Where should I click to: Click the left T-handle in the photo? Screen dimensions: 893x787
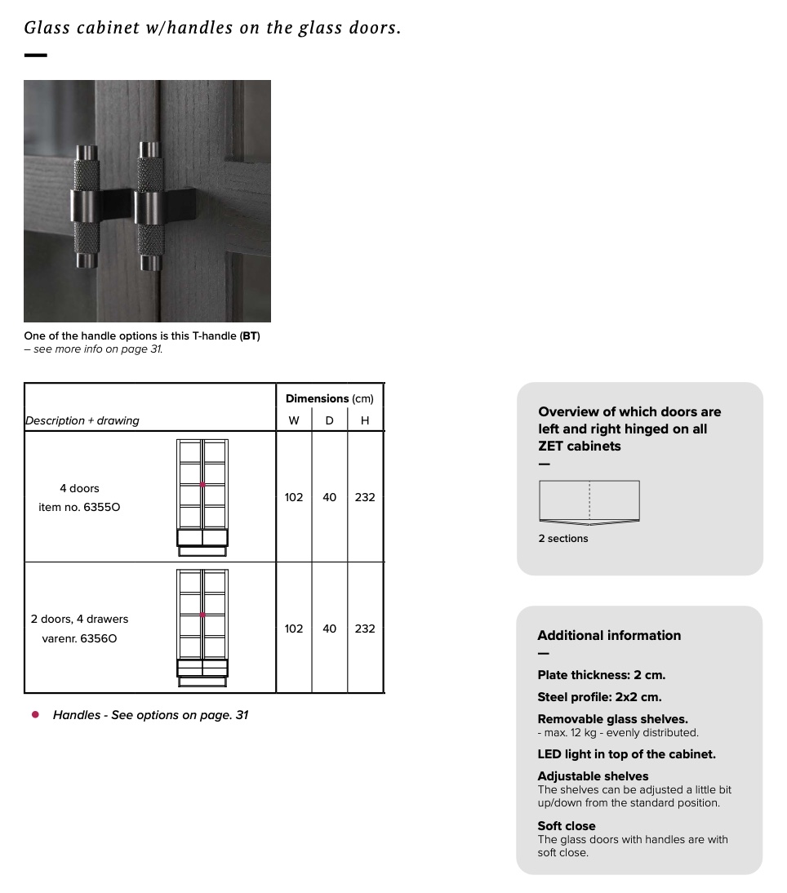(x=86, y=206)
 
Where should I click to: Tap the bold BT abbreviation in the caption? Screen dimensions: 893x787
(x=249, y=335)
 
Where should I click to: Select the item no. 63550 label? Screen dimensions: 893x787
(x=79, y=507)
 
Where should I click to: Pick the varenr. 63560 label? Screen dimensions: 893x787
(x=79, y=638)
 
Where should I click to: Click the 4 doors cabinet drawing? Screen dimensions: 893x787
(x=202, y=497)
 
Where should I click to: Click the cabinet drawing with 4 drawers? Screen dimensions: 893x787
(x=202, y=628)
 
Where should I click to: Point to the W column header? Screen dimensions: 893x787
(x=294, y=420)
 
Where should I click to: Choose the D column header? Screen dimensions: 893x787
(x=329, y=420)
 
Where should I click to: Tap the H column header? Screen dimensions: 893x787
(x=365, y=420)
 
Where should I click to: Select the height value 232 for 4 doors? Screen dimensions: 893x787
(x=365, y=497)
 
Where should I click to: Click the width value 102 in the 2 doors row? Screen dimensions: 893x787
(x=294, y=629)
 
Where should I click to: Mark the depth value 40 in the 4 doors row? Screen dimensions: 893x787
(x=329, y=497)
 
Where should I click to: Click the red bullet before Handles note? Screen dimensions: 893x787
(x=35, y=714)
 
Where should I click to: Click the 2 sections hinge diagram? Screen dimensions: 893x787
(x=589, y=501)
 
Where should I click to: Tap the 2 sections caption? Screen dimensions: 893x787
(x=563, y=539)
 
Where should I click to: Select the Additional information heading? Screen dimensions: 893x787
(x=609, y=635)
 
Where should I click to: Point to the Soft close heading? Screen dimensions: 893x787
(x=567, y=826)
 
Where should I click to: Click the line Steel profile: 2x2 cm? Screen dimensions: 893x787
(x=599, y=697)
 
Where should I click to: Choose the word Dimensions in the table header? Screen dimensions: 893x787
(x=317, y=398)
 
